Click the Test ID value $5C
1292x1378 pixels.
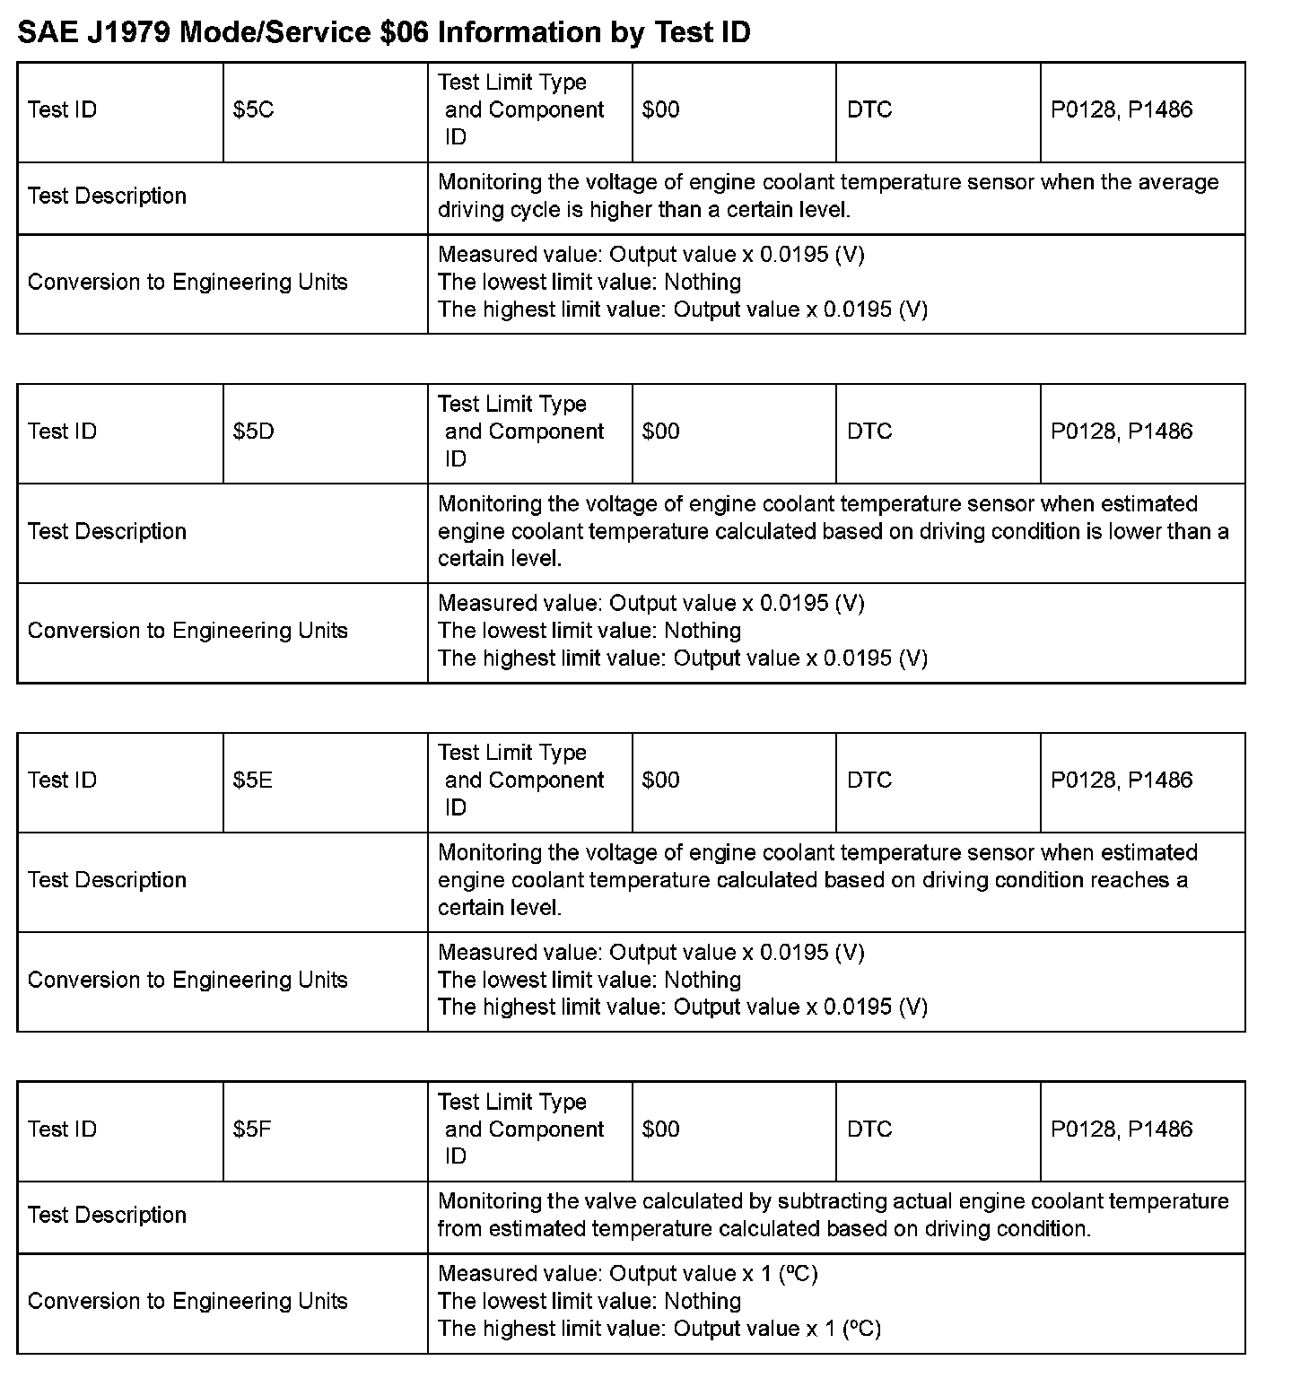253,110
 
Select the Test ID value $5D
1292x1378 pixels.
254,432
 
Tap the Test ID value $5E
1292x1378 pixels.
253,781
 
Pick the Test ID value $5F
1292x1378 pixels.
252,1129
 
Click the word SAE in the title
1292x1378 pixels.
45,32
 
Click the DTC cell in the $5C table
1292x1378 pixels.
869,110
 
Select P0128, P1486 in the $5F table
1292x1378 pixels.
1122,1129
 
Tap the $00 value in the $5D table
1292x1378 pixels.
661,432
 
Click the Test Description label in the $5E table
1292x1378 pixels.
107,880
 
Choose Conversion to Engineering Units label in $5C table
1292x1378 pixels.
188,283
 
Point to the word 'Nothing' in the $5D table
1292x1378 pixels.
703,631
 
